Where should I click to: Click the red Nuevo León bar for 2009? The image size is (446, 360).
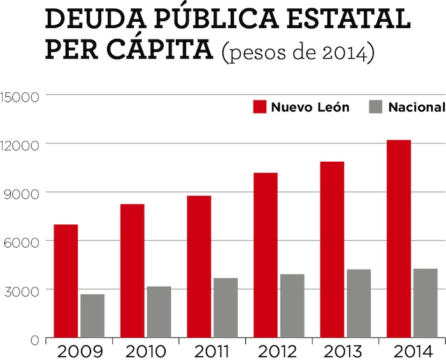click(x=66, y=281)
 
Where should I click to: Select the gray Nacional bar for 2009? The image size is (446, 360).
click(x=92, y=316)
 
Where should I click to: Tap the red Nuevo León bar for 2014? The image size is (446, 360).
click(x=399, y=239)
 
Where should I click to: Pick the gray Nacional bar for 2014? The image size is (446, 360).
click(x=426, y=303)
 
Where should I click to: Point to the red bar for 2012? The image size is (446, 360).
click(x=265, y=255)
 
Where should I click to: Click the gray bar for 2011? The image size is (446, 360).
click(x=226, y=308)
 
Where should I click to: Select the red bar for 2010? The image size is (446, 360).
click(x=132, y=271)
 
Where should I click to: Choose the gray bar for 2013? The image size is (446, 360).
click(x=359, y=303)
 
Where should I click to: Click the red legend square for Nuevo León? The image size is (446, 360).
click(x=259, y=107)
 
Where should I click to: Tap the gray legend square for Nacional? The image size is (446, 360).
click(x=376, y=107)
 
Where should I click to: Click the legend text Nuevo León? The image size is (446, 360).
click(x=310, y=107)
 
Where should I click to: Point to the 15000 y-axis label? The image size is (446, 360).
click(x=20, y=96)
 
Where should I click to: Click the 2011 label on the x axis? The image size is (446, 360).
click(x=212, y=351)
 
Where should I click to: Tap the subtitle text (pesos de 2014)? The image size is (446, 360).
click(x=297, y=53)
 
